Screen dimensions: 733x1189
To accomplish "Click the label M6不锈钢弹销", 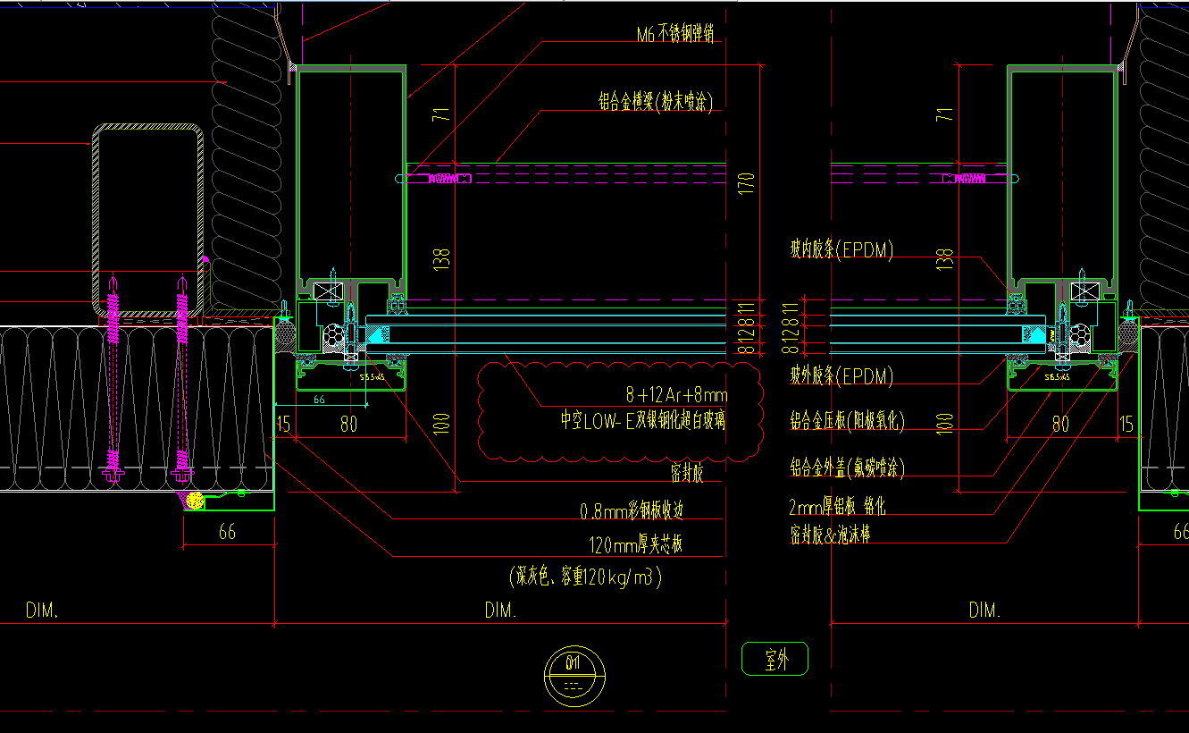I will click(x=674, y=35).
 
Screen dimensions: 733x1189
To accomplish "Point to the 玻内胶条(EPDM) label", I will click(x=841, y=250).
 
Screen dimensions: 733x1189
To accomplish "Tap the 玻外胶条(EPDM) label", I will click(x=841, y=376).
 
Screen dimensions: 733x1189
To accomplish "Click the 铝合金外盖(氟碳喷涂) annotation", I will click(x=847, y=467).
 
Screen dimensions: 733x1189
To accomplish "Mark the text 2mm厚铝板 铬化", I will click(x=837, y=508).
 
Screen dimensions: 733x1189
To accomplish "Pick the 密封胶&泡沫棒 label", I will click(x=829, y=535).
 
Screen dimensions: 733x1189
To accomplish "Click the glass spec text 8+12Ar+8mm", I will click(x=676, y=394).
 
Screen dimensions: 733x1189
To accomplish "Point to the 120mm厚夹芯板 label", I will click(x=635, y=544).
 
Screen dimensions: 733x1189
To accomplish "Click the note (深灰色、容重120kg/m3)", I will click(x=586, y=577).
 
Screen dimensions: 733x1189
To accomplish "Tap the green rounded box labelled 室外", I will click(x=775, y=660).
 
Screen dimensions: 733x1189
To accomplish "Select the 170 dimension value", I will click(x=747, y=183).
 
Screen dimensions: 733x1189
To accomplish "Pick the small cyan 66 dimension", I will click(x=318, y=400).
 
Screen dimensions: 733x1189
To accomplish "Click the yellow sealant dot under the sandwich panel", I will click(x=194, y=503).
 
